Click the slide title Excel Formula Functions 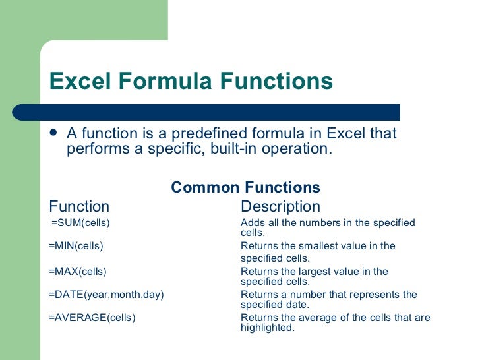(x=191, y=82)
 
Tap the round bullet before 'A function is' (x=54, y=133)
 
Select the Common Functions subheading (x=245, y=187)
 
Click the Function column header (x=79, y=206)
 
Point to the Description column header (x=280, y=206)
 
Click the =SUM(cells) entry (x=80, y=223)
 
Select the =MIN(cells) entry (x=76, y=246)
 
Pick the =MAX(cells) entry (x=77, y=271)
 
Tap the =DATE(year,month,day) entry (x=106, y=295)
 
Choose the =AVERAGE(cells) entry (x=92, y=318)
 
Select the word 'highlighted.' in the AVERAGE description (x=267, y=327)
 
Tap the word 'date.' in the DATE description (x=296, y=304)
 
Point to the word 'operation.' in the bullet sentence (x=297, y=148)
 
